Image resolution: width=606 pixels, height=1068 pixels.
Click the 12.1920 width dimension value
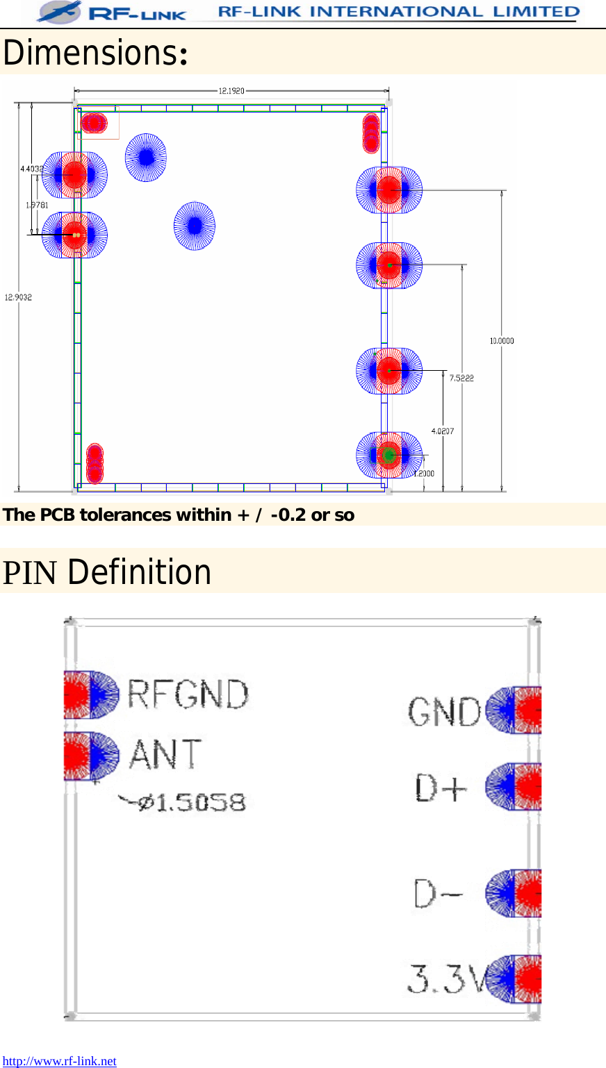(x=231, y=90)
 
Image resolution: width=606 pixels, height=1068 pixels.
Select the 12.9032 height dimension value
(x=18, y=297)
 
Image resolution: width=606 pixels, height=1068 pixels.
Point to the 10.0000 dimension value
(x=502, y=340)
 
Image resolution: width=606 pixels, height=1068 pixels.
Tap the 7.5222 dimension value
(x=461, y=378)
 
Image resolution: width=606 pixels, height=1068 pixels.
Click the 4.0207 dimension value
(x=443, y=431)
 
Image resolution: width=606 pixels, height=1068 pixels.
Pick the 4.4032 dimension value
(x=31, y=169)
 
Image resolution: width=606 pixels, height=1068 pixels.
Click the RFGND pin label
(x=188, y=694)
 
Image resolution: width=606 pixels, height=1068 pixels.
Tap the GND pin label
(x=444, y=712)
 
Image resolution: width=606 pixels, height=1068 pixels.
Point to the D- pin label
(x=439, y=894)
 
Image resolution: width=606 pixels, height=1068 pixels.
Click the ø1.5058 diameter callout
(x=183, y=803)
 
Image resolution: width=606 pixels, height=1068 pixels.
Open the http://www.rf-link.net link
(x=60, y=1060)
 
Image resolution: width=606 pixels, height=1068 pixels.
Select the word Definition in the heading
(x=140, y=572)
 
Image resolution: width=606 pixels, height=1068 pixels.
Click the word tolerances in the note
(x=126, y=515)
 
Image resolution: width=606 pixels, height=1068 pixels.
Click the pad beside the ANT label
(x=90, y=756)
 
